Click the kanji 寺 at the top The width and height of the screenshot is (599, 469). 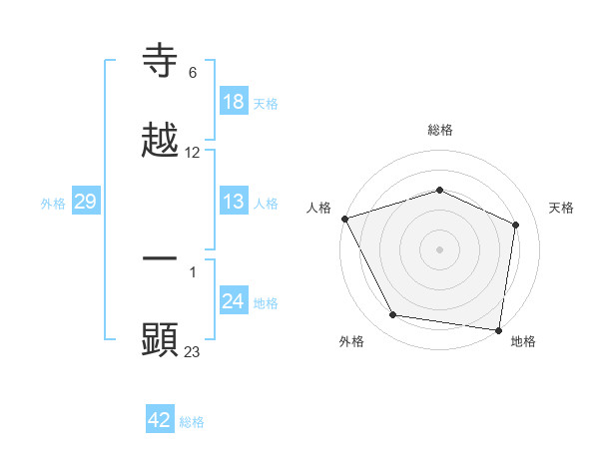pyautogui.click(x=161, y=63)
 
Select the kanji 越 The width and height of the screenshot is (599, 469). pyautogui.click(x=161, y=141)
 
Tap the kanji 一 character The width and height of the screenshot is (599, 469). pyautogui.click(x=161, y=258)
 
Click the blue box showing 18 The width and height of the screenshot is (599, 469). pyautogui.click(x=233, y=102)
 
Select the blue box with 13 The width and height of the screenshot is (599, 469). pyautogui.click(x=233, y=202)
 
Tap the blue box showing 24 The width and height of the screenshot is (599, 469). pyautogui.click(x=233, y=301)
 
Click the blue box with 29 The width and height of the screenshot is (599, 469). pyautogui.click(x=85, y=202)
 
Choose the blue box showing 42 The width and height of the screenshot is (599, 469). pyautogui.click(x=160, y=420)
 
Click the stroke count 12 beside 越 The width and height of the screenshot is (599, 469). pyautogui.click(x=193, y=153)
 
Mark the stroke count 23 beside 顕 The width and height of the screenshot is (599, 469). pyautogui.click(x=193, y=350)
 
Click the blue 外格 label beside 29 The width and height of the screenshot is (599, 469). pyautogui.click(x=53, y=203)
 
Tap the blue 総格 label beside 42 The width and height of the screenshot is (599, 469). pyautogui.click(x=192, y=421)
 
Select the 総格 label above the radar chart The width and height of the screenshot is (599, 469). pyautogui.click(x=440, y=130)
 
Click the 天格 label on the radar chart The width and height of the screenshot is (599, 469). pyautogui.click(x=562, y=208)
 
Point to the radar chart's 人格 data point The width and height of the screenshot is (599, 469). pyautogui.click(x=344, y=219)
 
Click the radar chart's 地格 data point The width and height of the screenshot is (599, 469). pyautogui.click(x=499, y=329)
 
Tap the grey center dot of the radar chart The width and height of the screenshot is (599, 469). pyautogui.click(x=439, y=248)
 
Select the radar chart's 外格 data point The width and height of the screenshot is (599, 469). pyautogui.click(x=393, y=315)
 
